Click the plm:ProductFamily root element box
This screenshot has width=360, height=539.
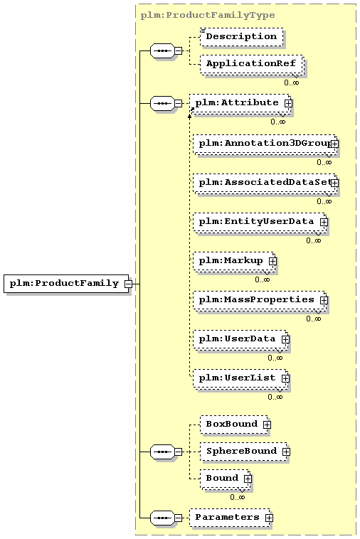(66, 284)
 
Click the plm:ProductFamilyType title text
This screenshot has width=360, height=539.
(208, 15)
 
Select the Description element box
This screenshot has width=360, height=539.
(242, 37)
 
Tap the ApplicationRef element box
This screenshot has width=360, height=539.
(252, 64)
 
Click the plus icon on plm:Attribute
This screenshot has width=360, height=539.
(288, 103)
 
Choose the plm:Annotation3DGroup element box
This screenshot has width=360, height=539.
(265, 144)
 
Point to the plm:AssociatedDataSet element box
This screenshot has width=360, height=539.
(265, 183)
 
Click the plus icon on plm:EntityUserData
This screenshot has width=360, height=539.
(324, 222)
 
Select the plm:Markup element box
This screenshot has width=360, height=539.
(234, 262)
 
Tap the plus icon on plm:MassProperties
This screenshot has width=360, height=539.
(324, 301)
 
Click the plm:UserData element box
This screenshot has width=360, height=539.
(240, 340)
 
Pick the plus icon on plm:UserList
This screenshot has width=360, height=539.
(285, 378)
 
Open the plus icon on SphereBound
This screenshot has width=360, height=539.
(286, 452)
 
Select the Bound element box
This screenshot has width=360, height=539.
(225, 479)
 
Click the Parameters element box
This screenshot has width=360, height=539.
(230, 518)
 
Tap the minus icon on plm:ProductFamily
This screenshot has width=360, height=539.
(128, 284)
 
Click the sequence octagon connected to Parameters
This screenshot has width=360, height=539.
(162, 518)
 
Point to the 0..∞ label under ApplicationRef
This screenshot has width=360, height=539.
(292, 83)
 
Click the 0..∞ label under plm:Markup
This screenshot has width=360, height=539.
(263, 280)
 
